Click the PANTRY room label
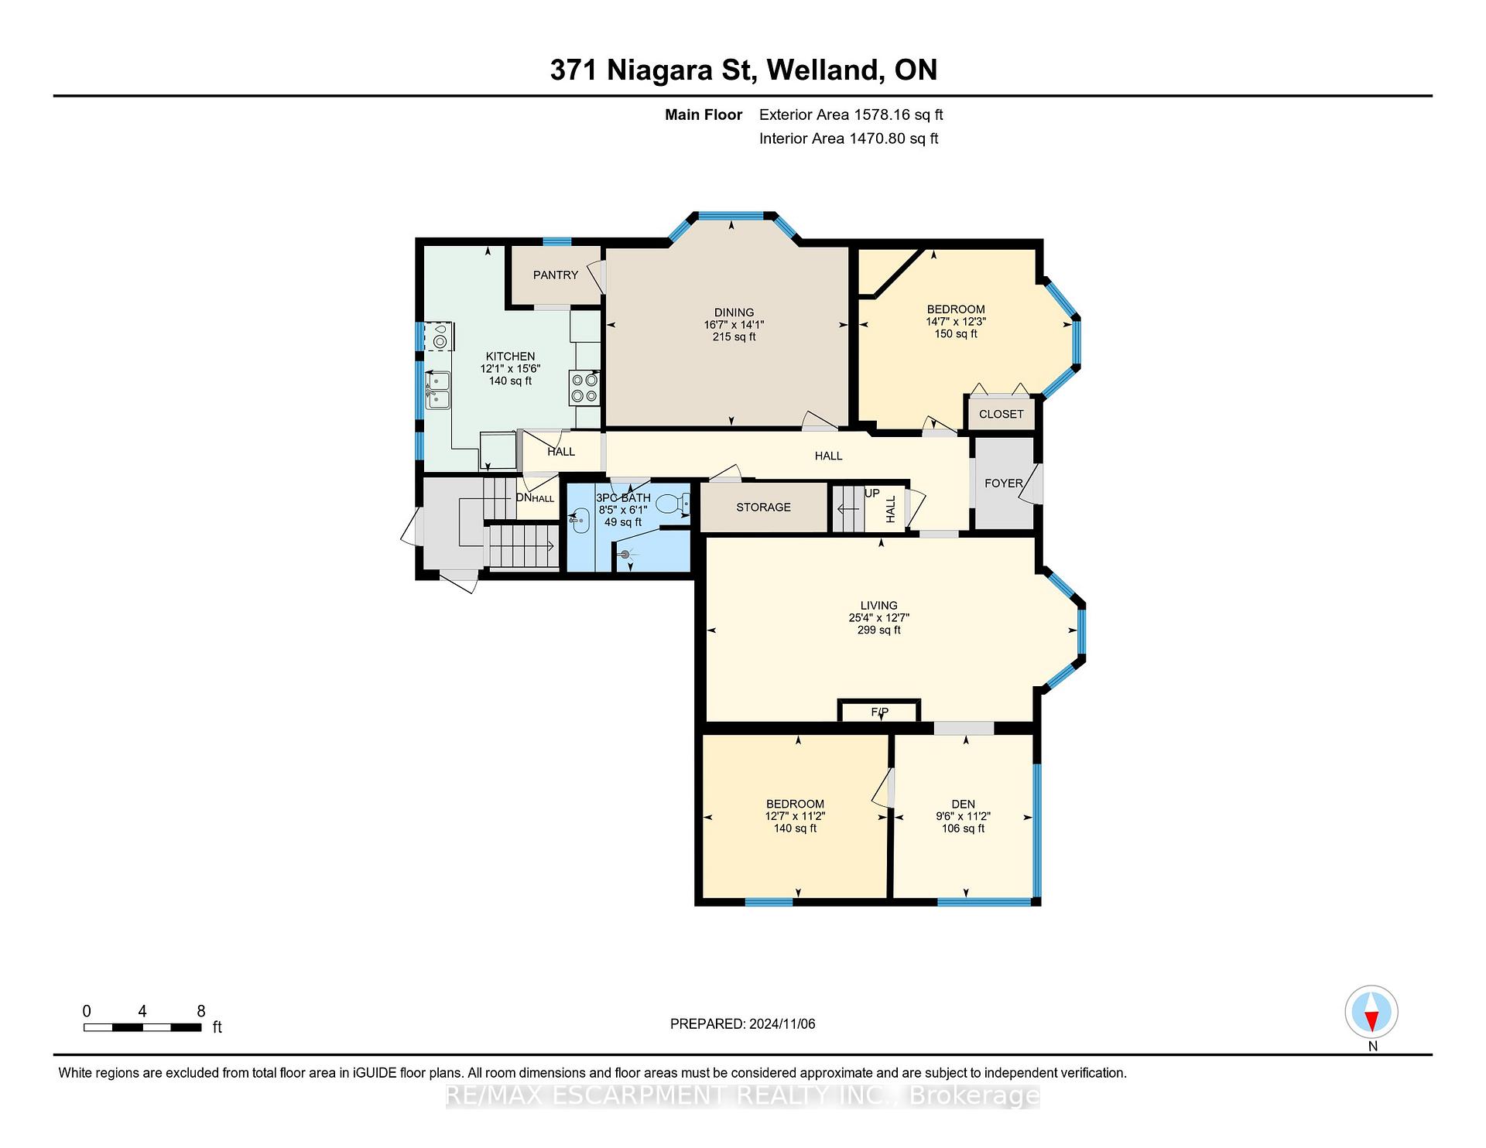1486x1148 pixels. pyautogui.click(x=556, y=275)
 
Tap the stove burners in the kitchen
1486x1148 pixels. pyautogui.click(x=584, y=388)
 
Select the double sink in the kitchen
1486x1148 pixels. pyautogui.click(x=438, y=390)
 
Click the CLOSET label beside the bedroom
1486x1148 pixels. pyautogui.click(x=1001, y=414)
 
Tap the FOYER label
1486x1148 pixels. pyautogui.click(x=1004, y=483)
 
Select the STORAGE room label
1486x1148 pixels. pyautogui.click(x=763, y=507)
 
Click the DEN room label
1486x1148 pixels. pyautogui.click(x=964, y=804)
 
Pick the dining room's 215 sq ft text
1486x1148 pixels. pyautogui.click(x=734, y=337)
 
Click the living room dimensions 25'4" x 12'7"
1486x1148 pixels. pyautogui.click(x=879, y=617)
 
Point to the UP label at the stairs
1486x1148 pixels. pyautogui.click(x=872, y=493)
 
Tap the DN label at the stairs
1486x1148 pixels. pyautogui.click(x=523, y=497)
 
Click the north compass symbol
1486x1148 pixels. pyautogui.click(x=1371, y=1012)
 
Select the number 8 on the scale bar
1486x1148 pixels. pyautogui.click(x=201, y=1011)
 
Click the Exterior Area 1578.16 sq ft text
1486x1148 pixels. pyautogui.click(x=851, y=114)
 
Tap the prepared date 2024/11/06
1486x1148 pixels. pyautogui.click(x=782, y=1023)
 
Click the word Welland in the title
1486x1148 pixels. pyautogui.click(x=825, y=70)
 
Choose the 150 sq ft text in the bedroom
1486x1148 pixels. pyautogui.click(x=956, y=333)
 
